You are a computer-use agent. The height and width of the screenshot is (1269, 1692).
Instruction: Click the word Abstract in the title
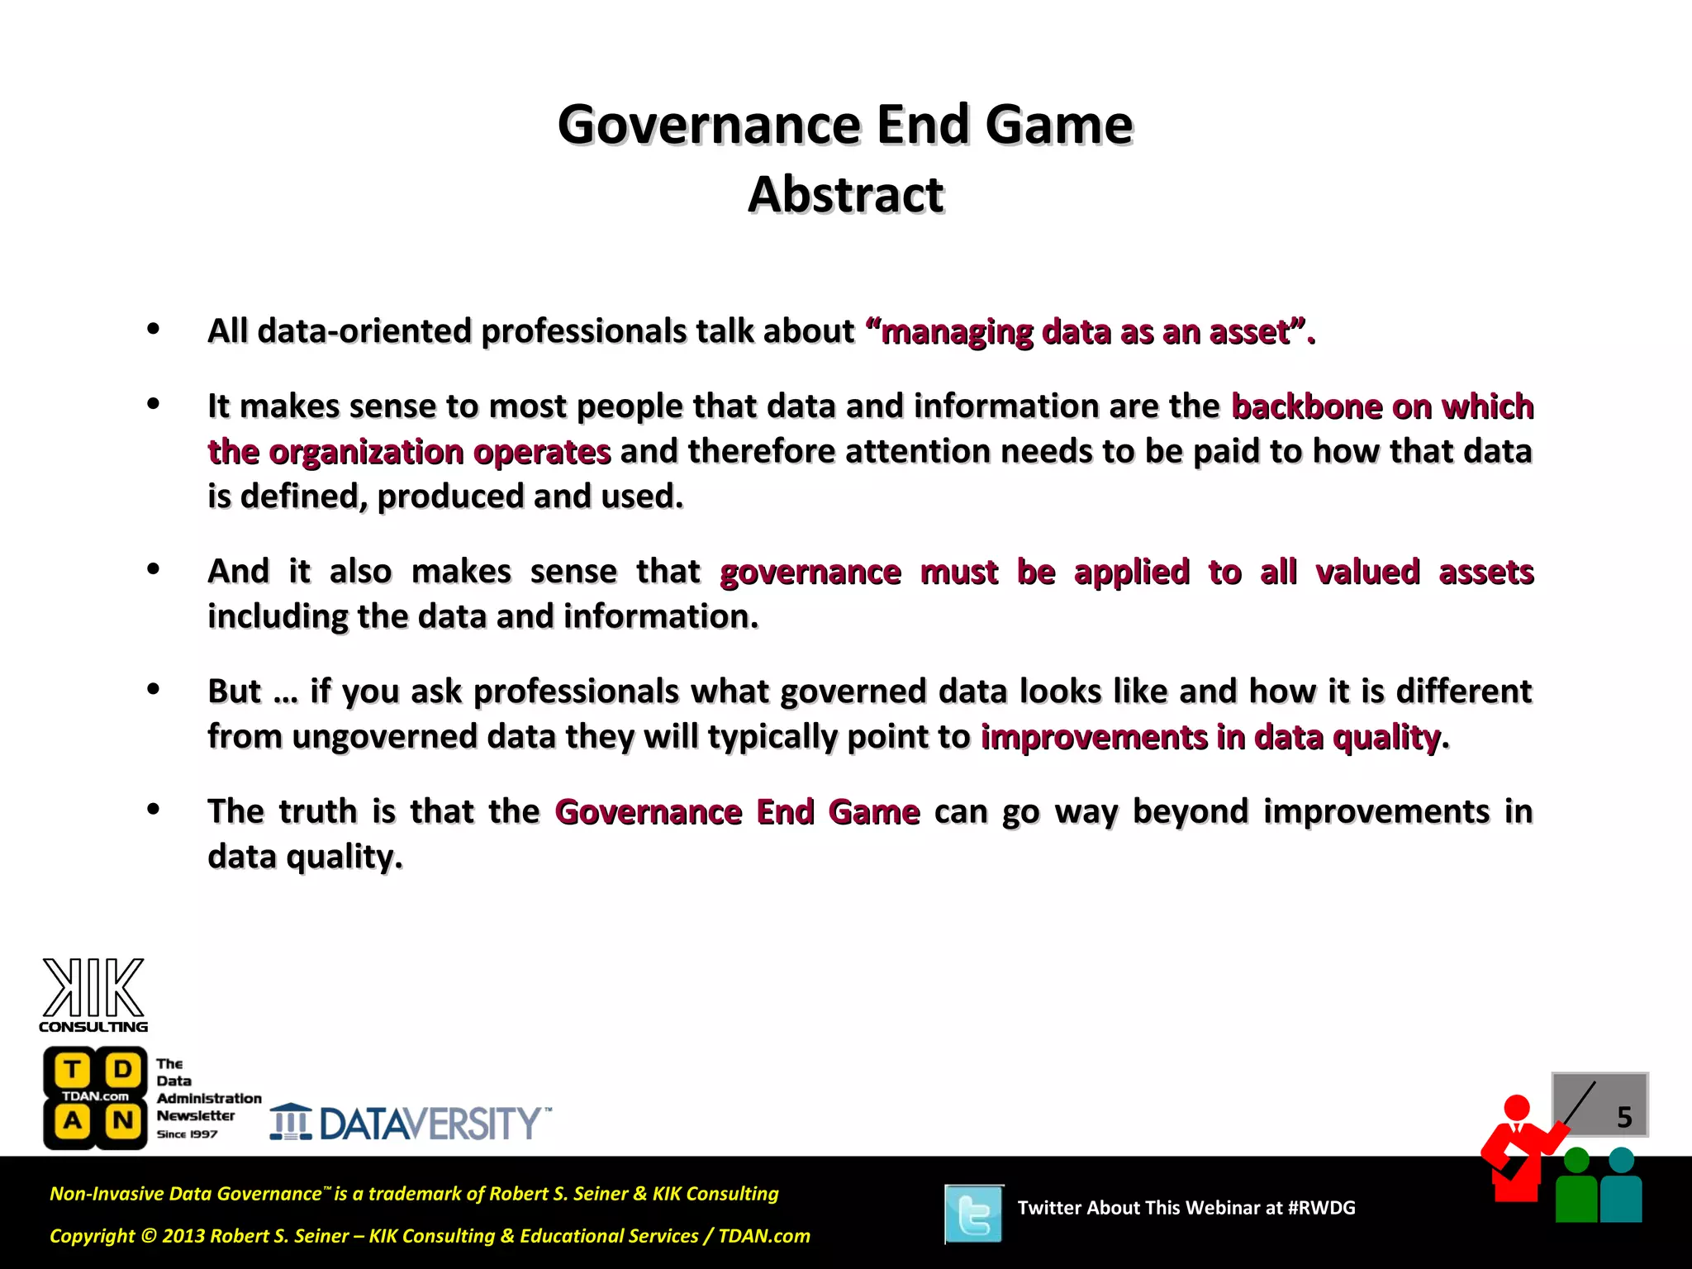click(x=845, y=195)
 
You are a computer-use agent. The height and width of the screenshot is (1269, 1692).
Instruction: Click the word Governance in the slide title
click(x=710, y=125)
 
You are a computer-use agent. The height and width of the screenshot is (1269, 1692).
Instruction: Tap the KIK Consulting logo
click(x=93, y=995)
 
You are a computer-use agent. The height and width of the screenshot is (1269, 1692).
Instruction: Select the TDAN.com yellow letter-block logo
click(x=96, y=1097)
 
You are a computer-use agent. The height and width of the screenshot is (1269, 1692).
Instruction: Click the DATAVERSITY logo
click(x=411, y=1123)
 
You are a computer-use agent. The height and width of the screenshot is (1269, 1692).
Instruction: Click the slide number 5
click(x=1623, y=1117)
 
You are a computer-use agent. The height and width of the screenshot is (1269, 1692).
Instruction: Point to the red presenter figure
click(x=1518, y=1148)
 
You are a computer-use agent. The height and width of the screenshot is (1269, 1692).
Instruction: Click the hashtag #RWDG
click(x=1321, y=1208)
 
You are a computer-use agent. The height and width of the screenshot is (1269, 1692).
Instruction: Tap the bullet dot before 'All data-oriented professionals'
click(x=153, y=329)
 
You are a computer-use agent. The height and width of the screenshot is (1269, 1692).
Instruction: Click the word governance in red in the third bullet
click(x=810, y=572)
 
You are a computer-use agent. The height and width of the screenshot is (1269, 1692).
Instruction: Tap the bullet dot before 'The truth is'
click(x=153, y=810)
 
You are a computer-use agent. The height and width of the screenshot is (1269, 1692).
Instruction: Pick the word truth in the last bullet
click(x=317, y=811)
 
